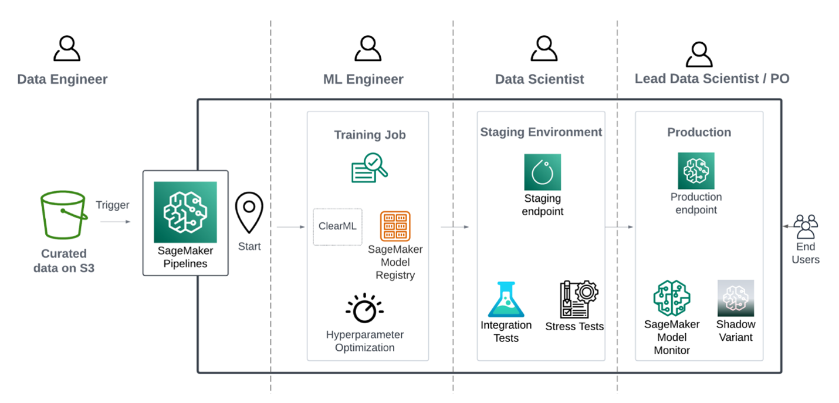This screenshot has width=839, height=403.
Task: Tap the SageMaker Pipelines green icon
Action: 185,212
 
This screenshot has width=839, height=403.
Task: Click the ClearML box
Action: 337,226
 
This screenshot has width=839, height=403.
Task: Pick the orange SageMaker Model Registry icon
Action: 395,226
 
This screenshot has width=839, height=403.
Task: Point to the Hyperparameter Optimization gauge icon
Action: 364,309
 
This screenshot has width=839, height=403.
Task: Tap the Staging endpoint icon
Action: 542,172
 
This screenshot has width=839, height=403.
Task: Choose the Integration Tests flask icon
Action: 506,300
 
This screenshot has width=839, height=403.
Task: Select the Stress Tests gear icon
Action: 578,299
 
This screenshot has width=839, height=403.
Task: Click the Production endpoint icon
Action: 696,171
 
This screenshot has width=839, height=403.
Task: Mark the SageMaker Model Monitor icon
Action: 671,298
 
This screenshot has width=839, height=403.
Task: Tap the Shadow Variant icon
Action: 735,298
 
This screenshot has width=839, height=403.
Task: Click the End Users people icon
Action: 806,226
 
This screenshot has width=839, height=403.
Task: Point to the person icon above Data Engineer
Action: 66,49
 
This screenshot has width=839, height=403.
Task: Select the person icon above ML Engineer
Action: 367,49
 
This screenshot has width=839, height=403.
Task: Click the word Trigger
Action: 113,205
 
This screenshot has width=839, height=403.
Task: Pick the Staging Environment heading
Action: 541,132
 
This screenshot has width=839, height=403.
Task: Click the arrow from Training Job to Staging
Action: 455,226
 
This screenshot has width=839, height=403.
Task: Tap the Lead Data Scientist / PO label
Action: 712,79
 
